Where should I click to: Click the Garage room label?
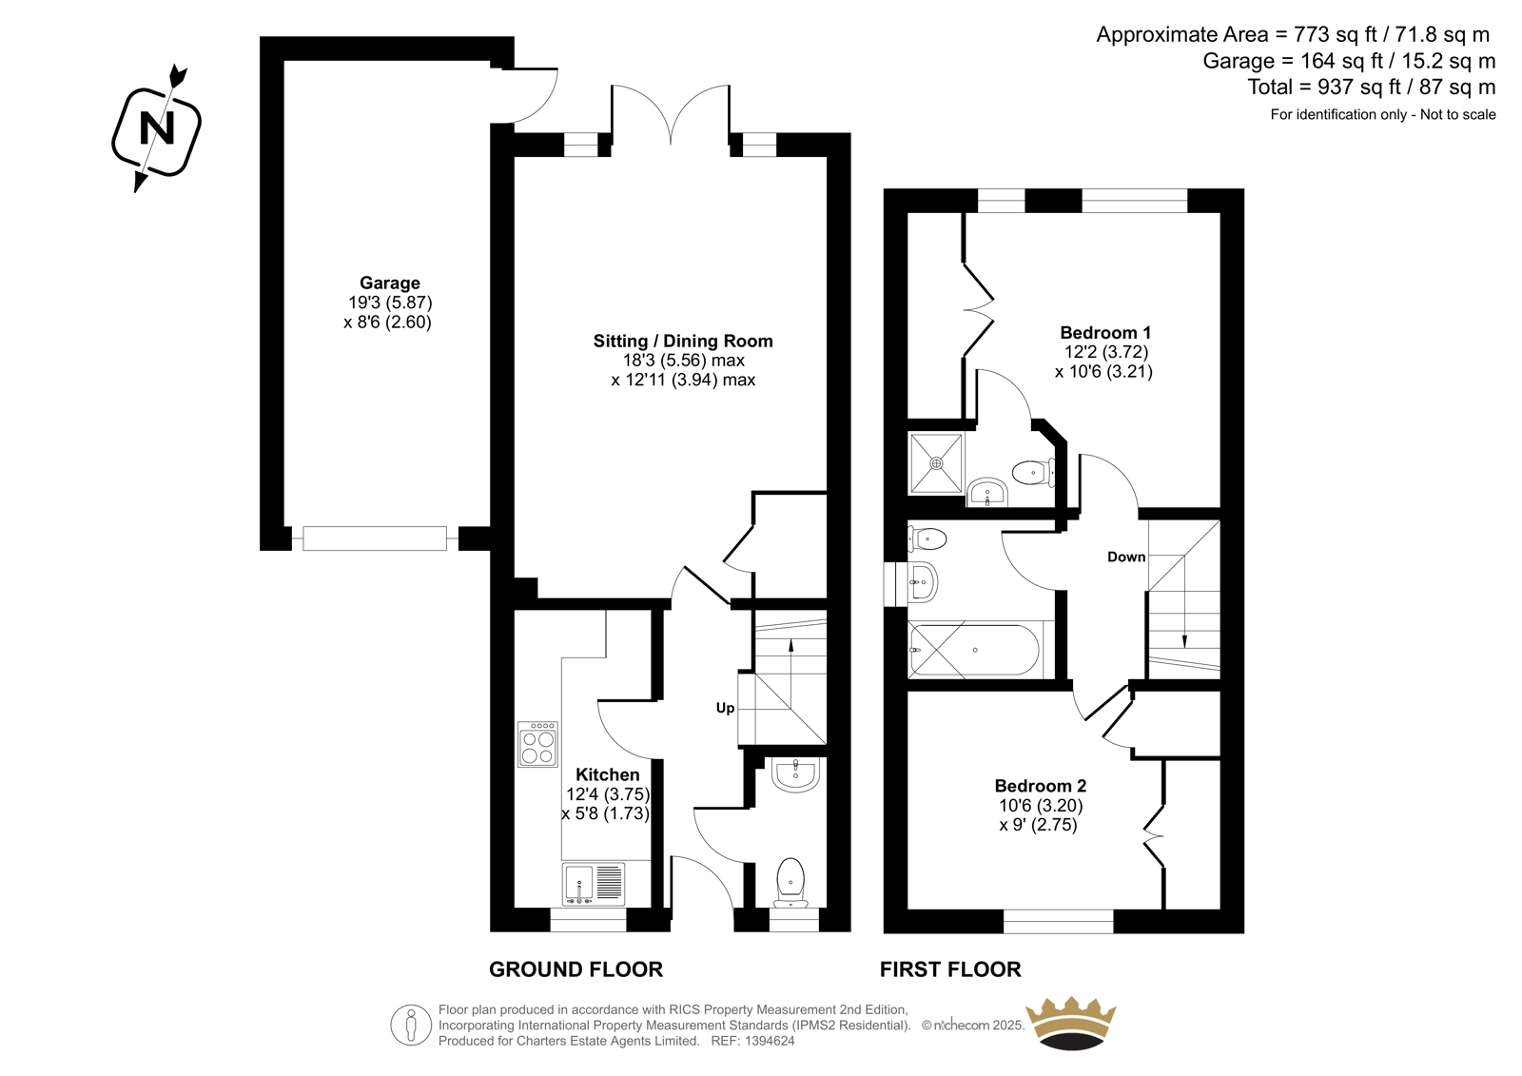[x=389, y=283]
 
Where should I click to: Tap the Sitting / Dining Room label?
[x=683, y=341]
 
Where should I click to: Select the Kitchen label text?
[x=608, y=774]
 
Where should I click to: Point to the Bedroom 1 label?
[x=1105, y=332]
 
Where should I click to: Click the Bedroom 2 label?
[x=1041, y=786]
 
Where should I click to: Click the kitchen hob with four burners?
[x=537, y=744]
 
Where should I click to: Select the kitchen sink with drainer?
[x=594, y=884]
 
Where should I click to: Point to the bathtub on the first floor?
[x=974, y=650]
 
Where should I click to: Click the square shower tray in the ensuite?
[x=936, y=463]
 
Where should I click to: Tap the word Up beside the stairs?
[x=725, y=708]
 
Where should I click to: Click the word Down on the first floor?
[x=1126, y=557]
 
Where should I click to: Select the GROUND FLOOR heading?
[x=576, y=969]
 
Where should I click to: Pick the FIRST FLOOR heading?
[x=950, y=969]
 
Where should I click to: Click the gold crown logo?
[x=1070, y=1025]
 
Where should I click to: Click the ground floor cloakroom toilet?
[x=790, y=882]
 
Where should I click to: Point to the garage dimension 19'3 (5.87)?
[x=390, y=302]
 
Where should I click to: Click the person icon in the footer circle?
[x=410, y=1026]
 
